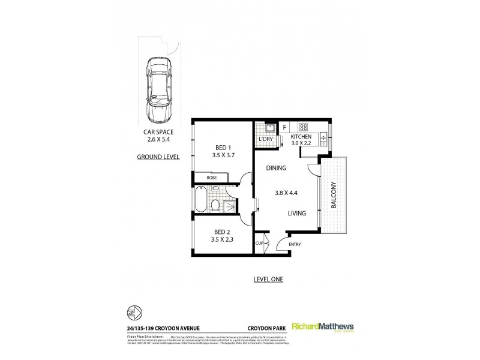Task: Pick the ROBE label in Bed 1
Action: (212, 178)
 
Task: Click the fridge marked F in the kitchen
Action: (284, 127)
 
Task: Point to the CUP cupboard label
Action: (259, 243)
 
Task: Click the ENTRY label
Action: (295, 244)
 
